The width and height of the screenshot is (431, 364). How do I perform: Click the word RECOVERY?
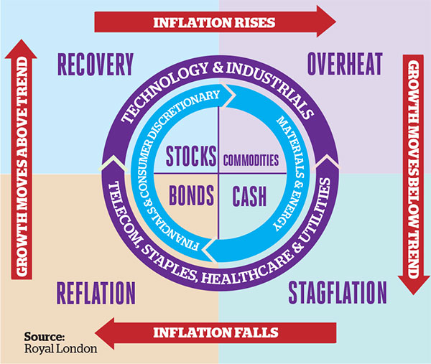[96, 65]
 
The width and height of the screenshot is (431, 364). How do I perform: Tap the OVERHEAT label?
[345, 64]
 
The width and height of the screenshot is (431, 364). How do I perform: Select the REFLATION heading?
[96, 293]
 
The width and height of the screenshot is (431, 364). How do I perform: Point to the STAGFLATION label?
[338, 292]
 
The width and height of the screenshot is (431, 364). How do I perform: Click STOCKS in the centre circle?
[191, 156]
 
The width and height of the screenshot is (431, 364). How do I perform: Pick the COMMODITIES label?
[251, 160]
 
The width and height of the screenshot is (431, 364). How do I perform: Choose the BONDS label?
[191, 195]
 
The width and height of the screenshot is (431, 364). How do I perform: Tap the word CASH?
[249, 196]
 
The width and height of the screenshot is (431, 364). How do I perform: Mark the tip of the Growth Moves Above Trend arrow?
[21, 39]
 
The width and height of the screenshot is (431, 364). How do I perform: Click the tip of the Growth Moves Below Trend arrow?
[414, 294]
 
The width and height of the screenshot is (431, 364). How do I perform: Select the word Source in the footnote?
[45, 337]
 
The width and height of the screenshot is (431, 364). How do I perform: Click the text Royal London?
[61, 349]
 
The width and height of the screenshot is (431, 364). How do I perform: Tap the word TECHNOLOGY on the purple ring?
[164, 90]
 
